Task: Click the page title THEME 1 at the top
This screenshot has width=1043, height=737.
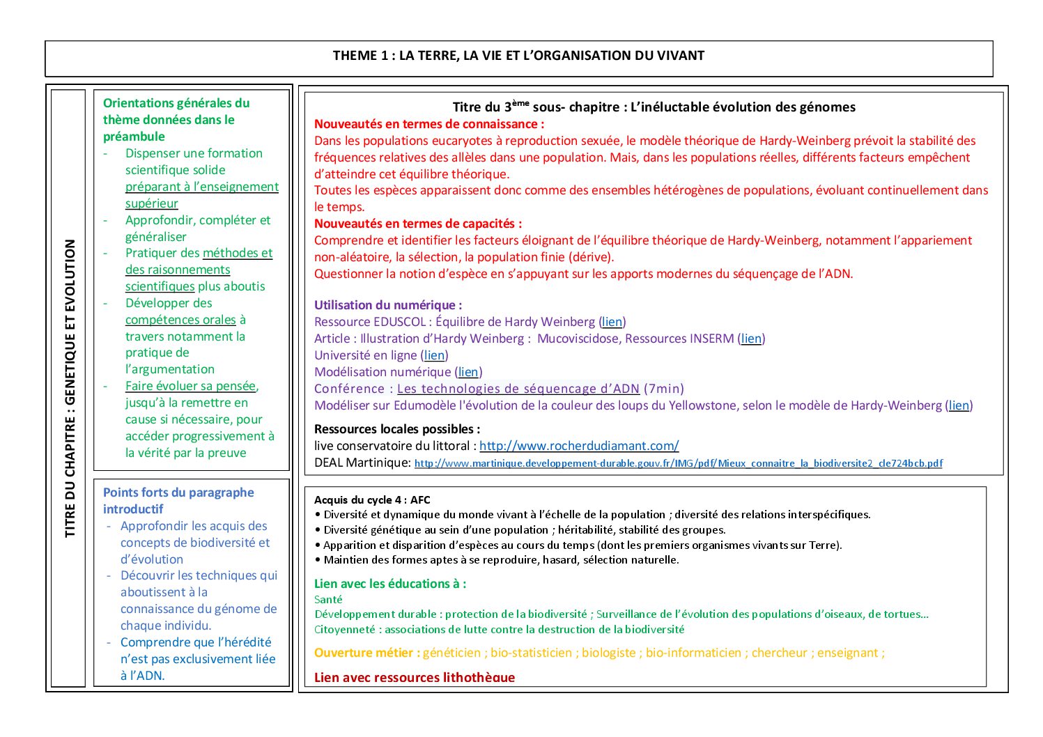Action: point(518,56)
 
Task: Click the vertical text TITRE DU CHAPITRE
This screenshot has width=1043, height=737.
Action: point(70,388)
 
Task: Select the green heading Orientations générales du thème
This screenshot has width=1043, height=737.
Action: point(176,120)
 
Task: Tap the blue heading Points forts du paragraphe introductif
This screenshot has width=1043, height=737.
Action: point(178,500)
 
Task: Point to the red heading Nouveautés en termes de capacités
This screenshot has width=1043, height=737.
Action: point(418,224)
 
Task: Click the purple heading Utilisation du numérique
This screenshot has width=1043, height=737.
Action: point(388,305)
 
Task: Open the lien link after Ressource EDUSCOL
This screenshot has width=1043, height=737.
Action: point(612,322)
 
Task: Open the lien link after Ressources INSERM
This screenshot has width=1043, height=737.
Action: point(751,339)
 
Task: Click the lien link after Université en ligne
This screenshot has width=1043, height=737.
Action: point(434,355)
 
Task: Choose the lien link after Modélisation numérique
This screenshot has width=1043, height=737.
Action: point(468,372)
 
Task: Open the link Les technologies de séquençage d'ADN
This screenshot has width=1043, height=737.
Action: point(518,389)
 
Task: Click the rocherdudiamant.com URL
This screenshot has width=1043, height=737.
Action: point(579,446)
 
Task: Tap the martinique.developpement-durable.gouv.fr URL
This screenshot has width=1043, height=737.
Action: point(678,463)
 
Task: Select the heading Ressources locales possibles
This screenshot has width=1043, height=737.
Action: point(397,429)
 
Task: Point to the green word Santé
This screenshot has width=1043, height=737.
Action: point(328,599)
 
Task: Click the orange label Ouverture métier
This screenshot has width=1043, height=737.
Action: point(367,653)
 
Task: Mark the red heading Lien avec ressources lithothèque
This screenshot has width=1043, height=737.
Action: point(415,677)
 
